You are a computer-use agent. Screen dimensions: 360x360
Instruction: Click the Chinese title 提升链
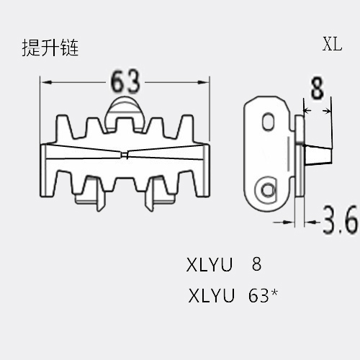[x=50, y=48]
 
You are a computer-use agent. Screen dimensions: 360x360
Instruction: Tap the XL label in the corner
[x=332, y=44]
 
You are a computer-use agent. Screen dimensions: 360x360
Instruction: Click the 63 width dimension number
[x=125, y=81]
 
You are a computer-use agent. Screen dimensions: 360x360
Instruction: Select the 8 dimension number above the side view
[x=318, y=88]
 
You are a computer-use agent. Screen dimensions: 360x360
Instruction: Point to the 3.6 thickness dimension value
[x=340, y=220]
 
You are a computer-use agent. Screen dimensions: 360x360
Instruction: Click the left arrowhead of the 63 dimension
[x=46, y=82]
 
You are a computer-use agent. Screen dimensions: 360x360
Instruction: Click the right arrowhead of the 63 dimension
[x=204, y=82]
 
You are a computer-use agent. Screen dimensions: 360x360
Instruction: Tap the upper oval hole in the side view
[x=269, y=122]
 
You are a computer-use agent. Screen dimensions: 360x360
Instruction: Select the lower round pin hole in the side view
[x=267, y=191]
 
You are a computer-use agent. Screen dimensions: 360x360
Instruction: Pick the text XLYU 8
[x=224, y=264]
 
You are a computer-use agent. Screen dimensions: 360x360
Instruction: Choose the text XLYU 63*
[x=233, y=296]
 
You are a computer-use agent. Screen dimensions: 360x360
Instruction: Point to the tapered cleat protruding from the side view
[x=319, y=155]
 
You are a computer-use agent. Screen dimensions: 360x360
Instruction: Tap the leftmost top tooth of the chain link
[x=63, y=127]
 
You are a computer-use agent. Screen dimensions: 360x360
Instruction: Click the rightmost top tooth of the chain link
[x=186, y=127]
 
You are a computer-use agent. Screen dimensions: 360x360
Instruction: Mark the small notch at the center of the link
[x=125, y=155]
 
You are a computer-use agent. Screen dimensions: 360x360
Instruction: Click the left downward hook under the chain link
[x=100, y=195]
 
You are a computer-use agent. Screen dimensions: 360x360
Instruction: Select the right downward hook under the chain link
[x=150, y=195]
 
